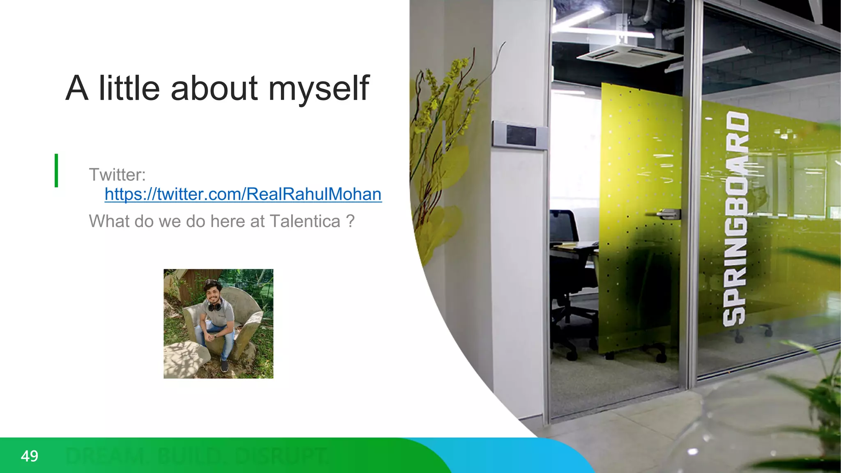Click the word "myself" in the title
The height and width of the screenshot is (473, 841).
click(x=319, y=88)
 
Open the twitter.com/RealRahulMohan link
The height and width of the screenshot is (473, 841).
click(x=243, y=194)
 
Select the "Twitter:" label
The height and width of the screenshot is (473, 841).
click(x=117, y=175)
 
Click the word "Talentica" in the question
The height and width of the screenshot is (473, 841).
click(x=305, y=221)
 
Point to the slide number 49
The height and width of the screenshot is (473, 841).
click(x=30, y=456)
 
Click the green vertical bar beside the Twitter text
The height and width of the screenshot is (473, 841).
click(x=56, y=170)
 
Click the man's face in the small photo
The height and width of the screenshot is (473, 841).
click(x=213, y=291)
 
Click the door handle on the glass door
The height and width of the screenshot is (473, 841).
click(x=668, y=214)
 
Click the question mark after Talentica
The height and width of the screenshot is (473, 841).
click(x=350, y=221)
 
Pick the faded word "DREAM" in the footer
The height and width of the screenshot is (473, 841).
click(x=106, y=456)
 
